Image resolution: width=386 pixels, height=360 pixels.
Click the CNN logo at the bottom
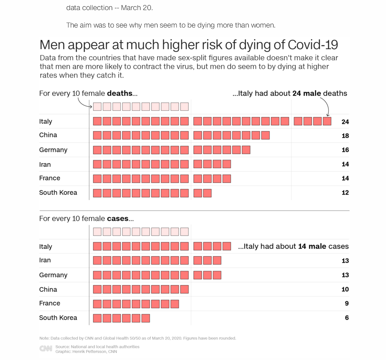pyautogui.click(x=45, y=349)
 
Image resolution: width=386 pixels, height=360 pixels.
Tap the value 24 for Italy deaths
pyautogui.click(x=345, y=122)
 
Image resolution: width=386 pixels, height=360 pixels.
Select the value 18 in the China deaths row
pyautogui.click(x=345, y=136)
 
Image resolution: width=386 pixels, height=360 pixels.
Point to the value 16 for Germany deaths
pyautogui.click(x=345, y=150)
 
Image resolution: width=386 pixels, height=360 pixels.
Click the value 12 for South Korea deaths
pyautogui.click(x=345, y=193)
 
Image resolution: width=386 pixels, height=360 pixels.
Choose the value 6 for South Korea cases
pyautogui.click(x=347, y=318)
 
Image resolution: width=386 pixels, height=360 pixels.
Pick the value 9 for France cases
pyautogui.click(x=347, y=303)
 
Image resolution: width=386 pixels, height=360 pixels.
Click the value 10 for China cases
pyautogui.click(x=345, y=289)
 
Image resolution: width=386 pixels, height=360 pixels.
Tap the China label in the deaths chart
pyautogui.click(x=48, y=135)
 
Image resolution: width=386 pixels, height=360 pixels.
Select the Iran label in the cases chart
pyautogui.click(x=45, y=260)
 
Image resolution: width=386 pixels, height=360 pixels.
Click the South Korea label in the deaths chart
pyautogui.click(x=58, y=193)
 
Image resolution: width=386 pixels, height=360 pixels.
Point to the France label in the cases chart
pyautogui.click(x=50, y=303)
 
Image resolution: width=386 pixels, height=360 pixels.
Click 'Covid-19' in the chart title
pyautogui.click(x=313, y=45)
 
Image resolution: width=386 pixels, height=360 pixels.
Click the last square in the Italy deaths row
pyautogui.click(x=327, y=121)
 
